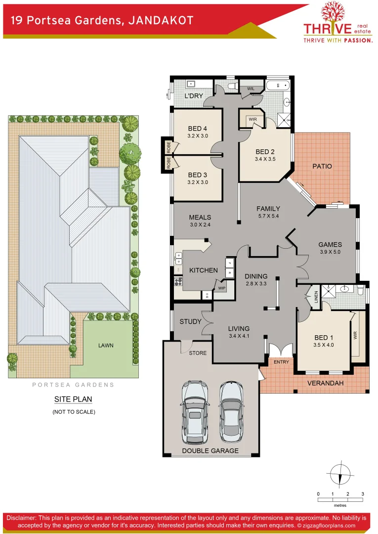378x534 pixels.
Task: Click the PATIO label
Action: coord(322,166)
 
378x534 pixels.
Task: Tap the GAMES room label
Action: coord(330,244)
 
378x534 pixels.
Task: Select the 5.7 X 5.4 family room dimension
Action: coord(268,216)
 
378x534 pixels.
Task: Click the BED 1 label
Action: coord(324,338)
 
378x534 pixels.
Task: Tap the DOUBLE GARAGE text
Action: coord(210,450)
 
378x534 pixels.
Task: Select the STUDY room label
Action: coord(190,321)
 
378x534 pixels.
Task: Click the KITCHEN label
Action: coord(203,270)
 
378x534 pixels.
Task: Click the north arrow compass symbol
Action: coord(340,474)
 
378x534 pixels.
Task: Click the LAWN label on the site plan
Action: coord(105,345)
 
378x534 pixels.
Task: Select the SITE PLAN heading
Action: coord(73,400)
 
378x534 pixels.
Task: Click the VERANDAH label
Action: coord(325,383)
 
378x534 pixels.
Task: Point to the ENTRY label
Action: coord(281,362)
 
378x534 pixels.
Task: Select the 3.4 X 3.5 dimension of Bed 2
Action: coord(265,160)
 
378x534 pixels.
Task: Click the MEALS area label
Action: coord(200,217)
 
